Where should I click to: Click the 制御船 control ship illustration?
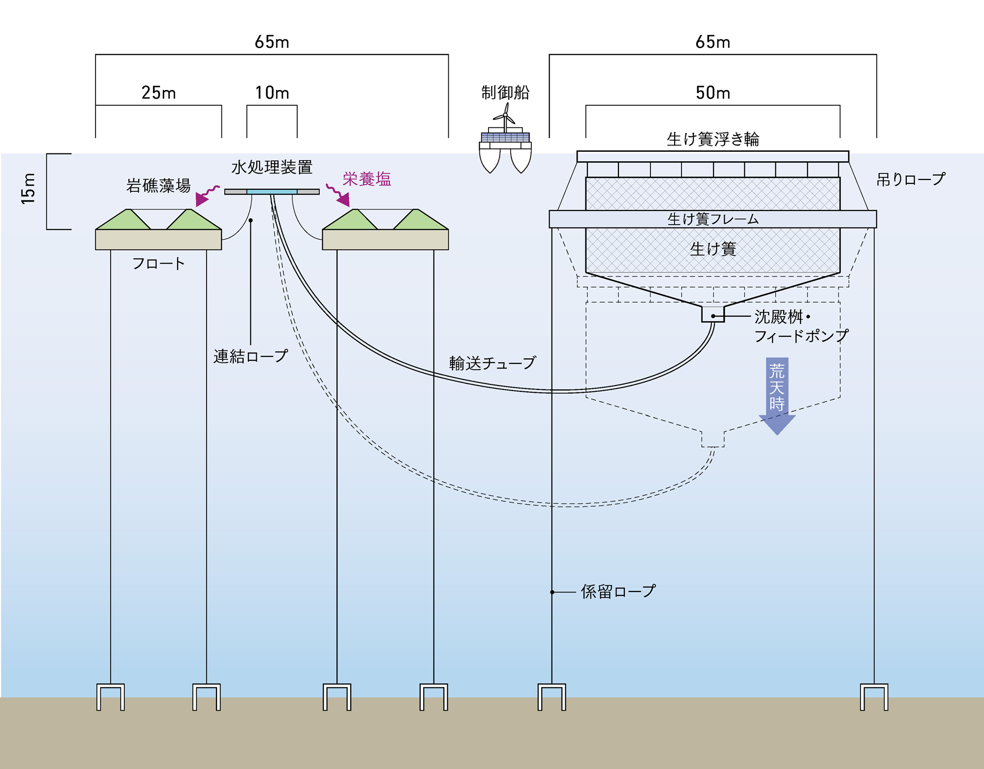(x=505, y=150)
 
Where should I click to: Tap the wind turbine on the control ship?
(x=505, y=116)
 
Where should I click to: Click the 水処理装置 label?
(x=272, y=167)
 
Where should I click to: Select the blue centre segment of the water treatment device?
(x=272, y=192)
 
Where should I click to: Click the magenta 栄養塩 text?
(x=367, y=179)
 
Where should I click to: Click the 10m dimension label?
(x=272, y=92)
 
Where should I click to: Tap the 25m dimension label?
(x=158, y=92)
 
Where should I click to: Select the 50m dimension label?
(x=712, y=92)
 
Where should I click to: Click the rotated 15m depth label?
(x=29, y=189)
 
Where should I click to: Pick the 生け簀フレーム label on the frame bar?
(x=712, y=219)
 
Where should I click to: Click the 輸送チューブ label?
(x=492, y=363)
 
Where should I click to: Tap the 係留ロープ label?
(x=618, y=592)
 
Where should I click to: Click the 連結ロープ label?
(x=250, y=356)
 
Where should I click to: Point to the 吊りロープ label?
(x=910, y=179)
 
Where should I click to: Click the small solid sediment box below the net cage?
(x=712, y=314)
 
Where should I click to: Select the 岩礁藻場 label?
(x=158, y=185)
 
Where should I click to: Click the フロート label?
(x=158, y=264)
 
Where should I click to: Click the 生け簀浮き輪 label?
(x=712, y=140)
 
